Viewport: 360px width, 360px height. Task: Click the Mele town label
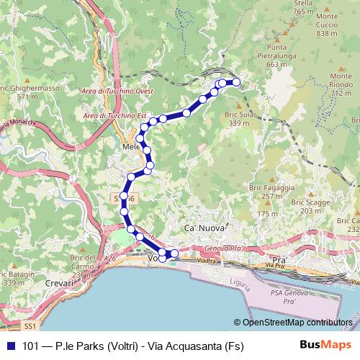pyautogui.click(x=132, y=145)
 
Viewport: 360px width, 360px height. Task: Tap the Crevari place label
pyautogui.click(x=60, y=284)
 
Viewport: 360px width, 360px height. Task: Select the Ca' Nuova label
pyautogui.click(x=202, y=228)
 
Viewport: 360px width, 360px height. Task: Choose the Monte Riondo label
pyautogui.click(x=341, y=84)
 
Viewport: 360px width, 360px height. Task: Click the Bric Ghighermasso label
pyautogui.click(x=27, y=91)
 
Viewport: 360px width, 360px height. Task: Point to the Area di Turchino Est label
pyautogui.click(x=115, y=115)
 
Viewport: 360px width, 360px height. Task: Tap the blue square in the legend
pyautogui.click(x=11, y=346)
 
